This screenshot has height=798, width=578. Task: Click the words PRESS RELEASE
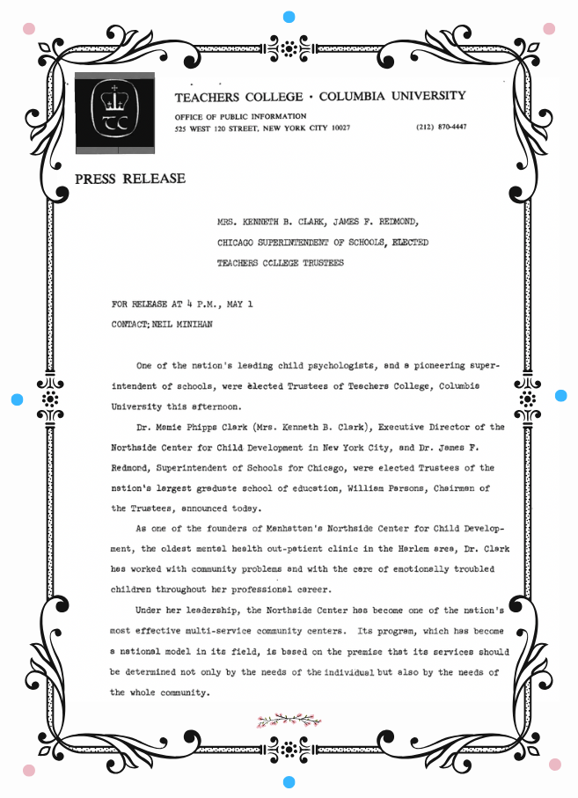130,179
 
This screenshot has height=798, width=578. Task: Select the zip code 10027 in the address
335,128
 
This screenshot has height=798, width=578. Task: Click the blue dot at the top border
289,17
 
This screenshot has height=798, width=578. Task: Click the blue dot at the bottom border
289,781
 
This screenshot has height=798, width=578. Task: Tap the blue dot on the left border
17,399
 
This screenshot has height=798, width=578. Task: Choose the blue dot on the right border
561,396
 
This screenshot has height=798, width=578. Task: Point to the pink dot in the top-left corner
29,28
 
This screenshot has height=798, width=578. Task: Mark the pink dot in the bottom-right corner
554,764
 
